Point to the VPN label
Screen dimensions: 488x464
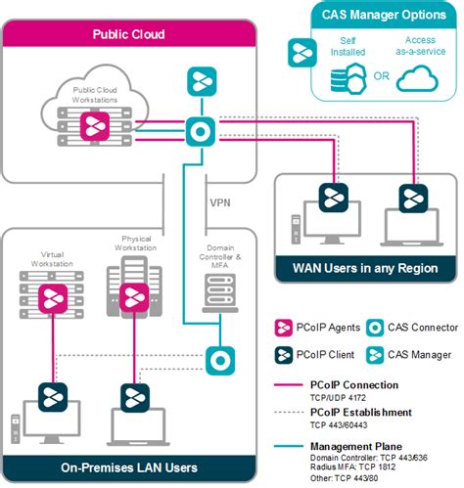(221, 203)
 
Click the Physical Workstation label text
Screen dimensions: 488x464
(136, 243)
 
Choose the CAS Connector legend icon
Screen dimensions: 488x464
(367, 328)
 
